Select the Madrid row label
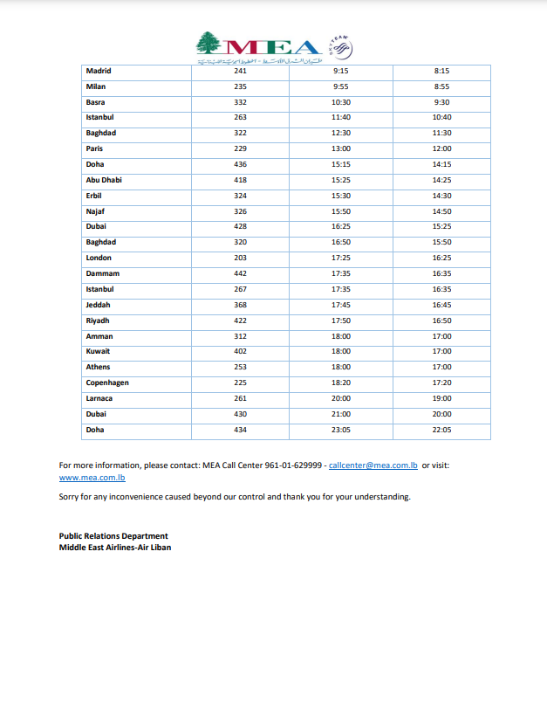click(x=99, y=71)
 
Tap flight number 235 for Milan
click(x=241, y=86)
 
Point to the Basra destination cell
click(x=95, y=102)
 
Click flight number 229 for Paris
click(x=241, y=148)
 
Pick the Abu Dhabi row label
click(x=104, y=180)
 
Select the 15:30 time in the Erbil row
click(x=342, y=196)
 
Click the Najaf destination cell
click(x=96, y=211)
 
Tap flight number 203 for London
click(x=241, y=258)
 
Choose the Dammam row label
click(x=102, y=273)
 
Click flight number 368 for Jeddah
click(x=241, y=305)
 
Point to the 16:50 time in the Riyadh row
click(x=442, y=321)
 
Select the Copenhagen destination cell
click(x=108, y=383)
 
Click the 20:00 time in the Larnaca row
click(x=342, y=398)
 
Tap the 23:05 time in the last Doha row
click(x=342, y=430)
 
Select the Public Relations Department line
click(x=113, y=535)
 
